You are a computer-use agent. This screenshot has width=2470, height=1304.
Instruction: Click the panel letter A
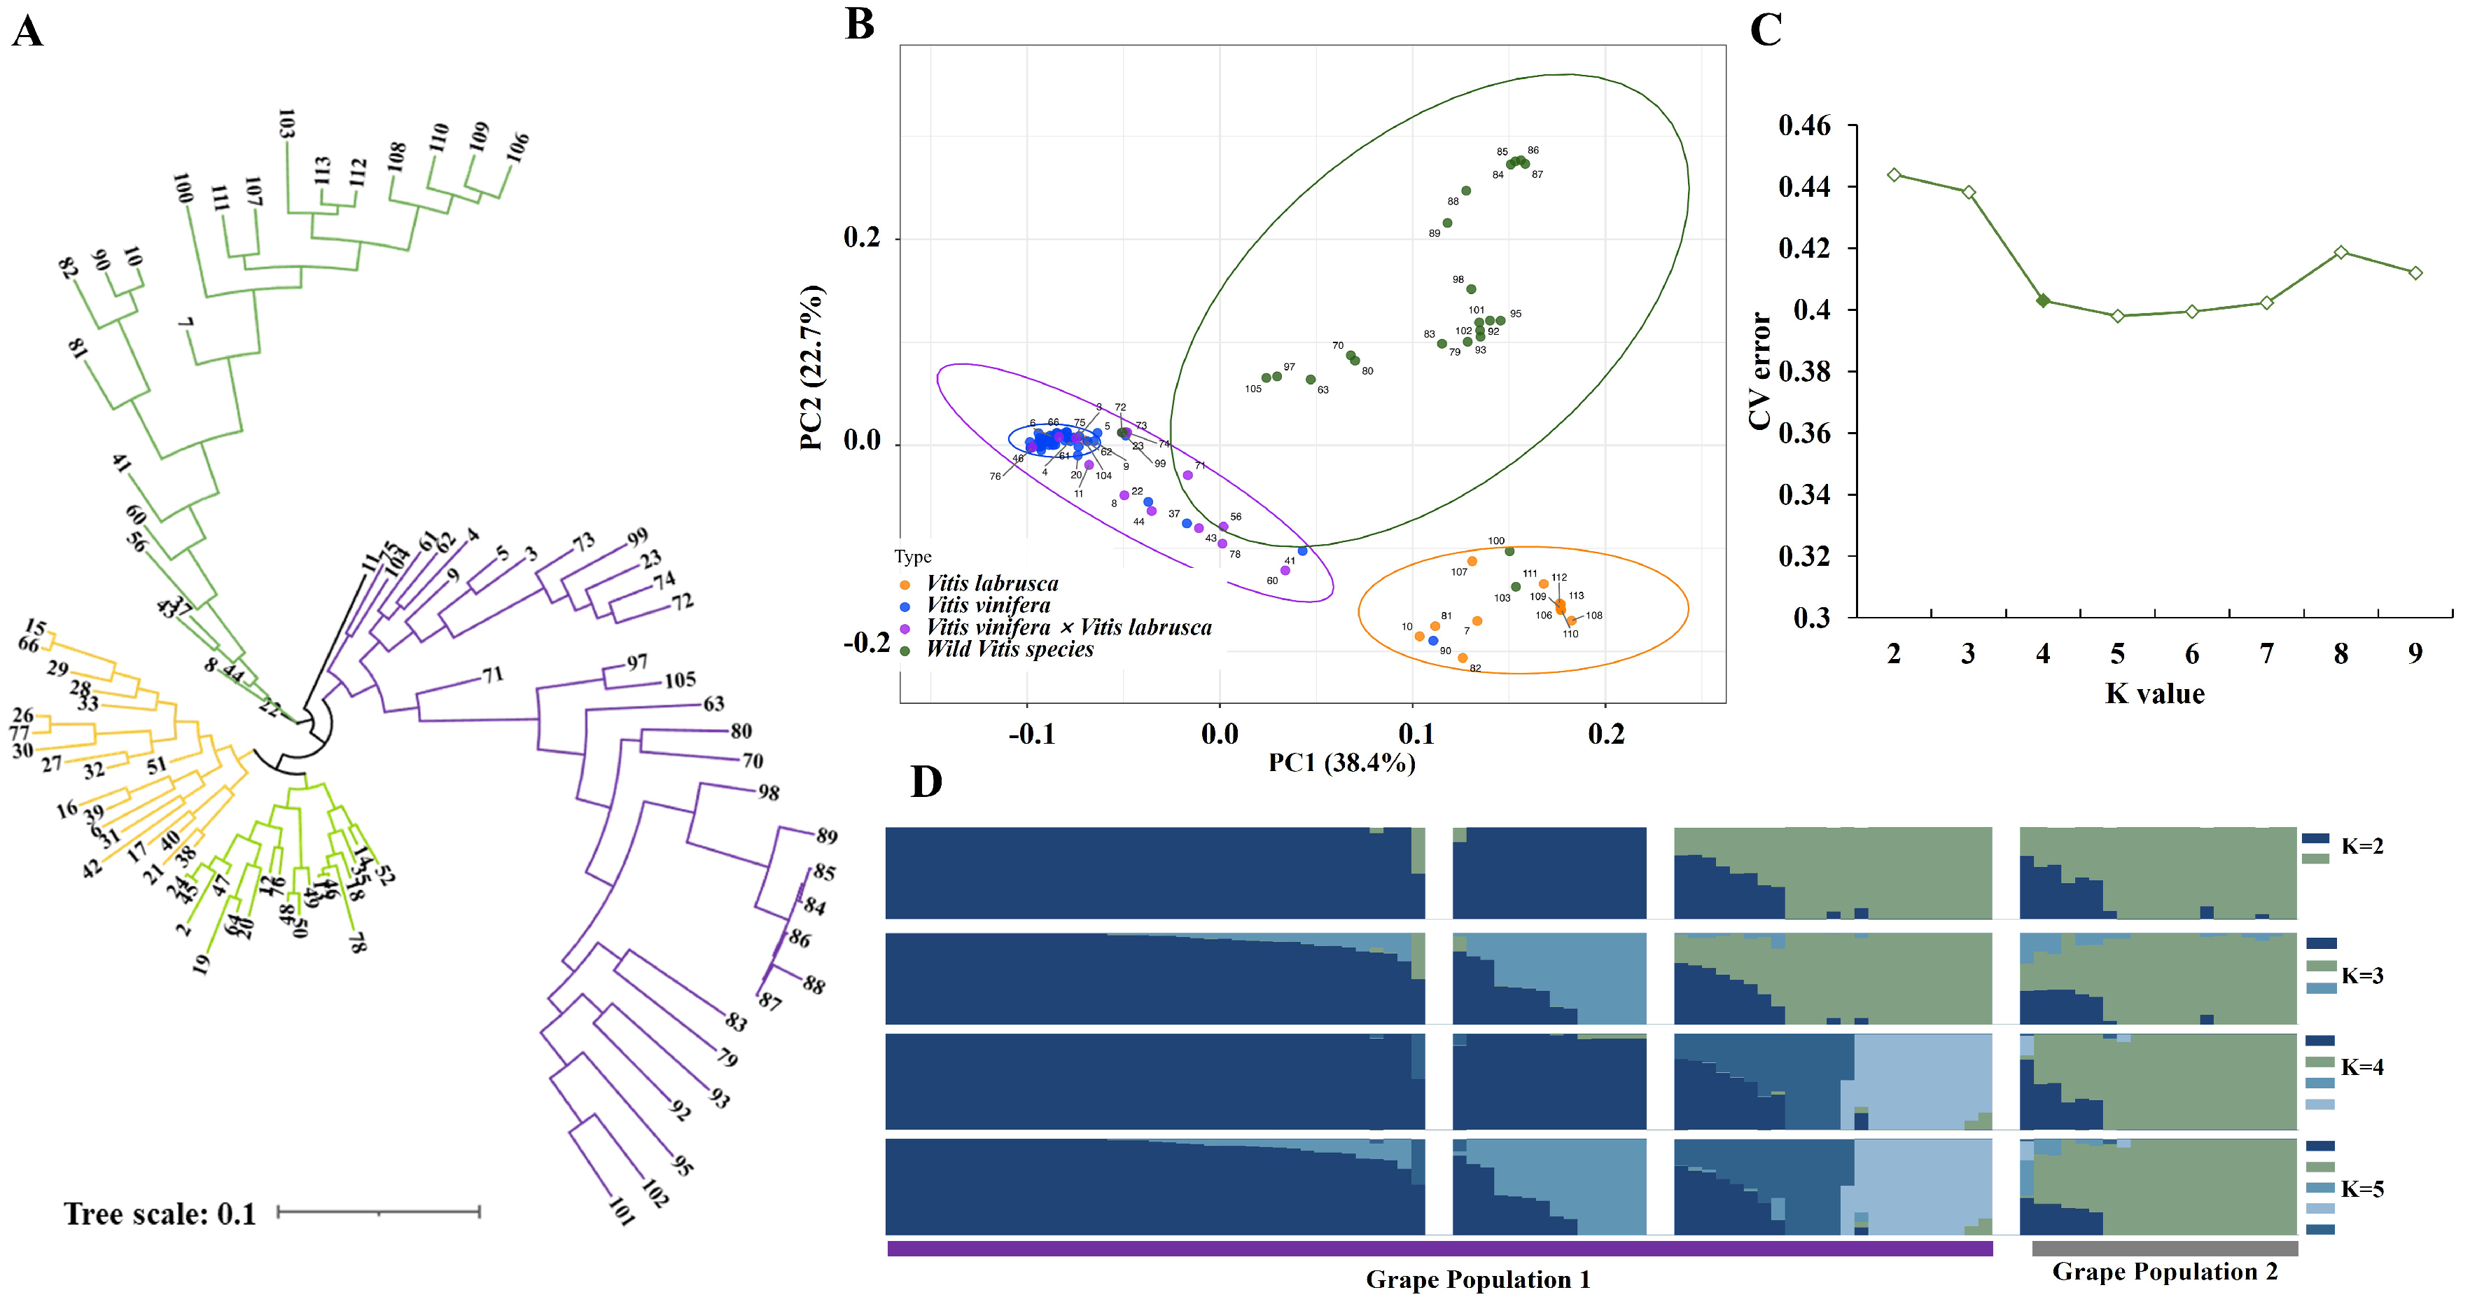[x=27, y=32]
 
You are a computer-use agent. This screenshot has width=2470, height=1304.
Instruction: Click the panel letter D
[x=926, y=782]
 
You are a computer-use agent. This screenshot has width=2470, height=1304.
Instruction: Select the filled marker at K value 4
[x=2044, y=301]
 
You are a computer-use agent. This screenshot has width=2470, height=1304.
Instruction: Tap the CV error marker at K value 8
[x=2341, y=252]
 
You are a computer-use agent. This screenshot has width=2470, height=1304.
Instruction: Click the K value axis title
[x=2154, y=693]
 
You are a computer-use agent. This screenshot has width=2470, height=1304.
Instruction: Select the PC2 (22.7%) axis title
[x=811, y=367]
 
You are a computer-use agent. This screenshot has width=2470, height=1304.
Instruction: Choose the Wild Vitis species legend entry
[x=1009, y=649]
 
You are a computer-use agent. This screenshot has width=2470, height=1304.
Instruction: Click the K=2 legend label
[x=2361, y=846]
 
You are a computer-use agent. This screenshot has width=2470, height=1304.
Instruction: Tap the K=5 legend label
[x=2361, y=1189]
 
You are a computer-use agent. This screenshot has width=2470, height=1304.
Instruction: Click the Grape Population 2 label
[x=2164, y=1271]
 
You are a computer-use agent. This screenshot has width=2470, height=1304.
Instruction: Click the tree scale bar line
[x=379, y=1213]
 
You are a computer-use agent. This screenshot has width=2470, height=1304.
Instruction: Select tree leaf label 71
[x=493, y=675]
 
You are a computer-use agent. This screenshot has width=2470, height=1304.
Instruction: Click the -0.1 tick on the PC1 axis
[x=1031, y=735]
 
